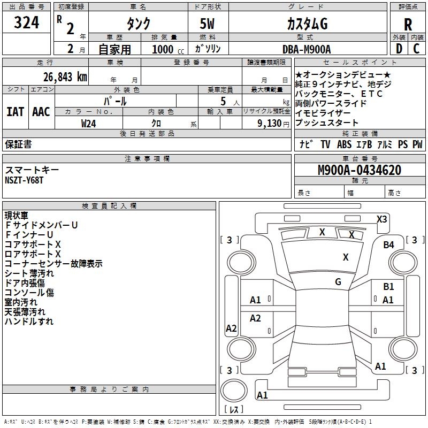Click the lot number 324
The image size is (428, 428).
click(x=27, y=23)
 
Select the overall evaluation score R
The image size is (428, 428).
click(x=408, y=25)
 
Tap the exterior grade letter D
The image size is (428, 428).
click(x=399, y=49)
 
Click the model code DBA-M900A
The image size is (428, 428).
click(x=307, y=49)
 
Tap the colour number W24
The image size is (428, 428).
click(x=89, y=123)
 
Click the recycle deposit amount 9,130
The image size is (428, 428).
click(x=272, y=123)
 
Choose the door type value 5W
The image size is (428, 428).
click(x=209, y=24)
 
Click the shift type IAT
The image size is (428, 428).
click(x=16, y=112)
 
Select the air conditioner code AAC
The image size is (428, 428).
click(x=41, y=112)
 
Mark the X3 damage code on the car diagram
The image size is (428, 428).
click(x=382, y=219)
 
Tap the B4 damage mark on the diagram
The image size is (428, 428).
click(x=388, y=244)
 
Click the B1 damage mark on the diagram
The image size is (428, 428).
click(x=388, y=287)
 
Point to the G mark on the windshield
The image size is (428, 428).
click(x=338, y=282)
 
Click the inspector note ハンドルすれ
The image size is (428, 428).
click(x=29, y=322)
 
